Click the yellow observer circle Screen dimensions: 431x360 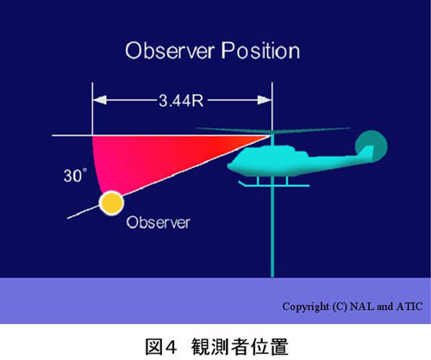(x=111, y=203)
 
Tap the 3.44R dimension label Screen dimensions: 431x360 (x=181, y=101)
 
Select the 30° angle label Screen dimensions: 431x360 (x=75, y=176)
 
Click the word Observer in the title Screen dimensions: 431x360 (x=170, y=51)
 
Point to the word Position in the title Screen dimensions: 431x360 (x=260, y=51)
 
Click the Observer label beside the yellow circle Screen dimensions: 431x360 (x=159, y=222)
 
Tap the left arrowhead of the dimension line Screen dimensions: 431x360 (x=99, y=100)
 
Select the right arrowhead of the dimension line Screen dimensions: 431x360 (x=265, y=100)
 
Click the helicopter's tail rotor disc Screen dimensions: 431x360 (x=372, y=146)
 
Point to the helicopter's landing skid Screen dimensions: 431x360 (x=274, y=185)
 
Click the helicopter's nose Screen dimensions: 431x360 (x=231, y=166)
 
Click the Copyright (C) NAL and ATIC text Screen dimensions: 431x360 (x=353, y=307)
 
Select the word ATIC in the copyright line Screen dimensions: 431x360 (x=409, y=307)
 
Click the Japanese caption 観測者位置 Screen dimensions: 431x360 (x=240, y=347)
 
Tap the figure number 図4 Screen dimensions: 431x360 (x=160, y=347)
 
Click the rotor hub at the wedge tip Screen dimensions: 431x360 (x=272, y=134)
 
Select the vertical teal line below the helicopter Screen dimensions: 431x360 (x=272, y=231)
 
